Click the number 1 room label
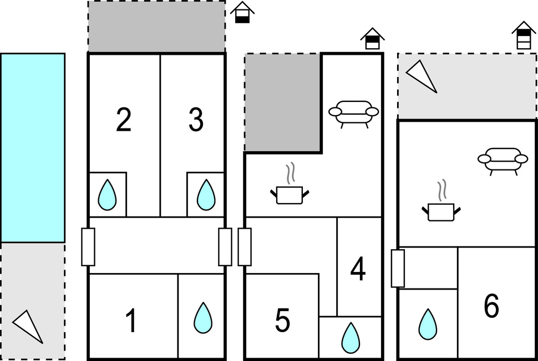131,321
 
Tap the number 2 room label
124,120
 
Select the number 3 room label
196,120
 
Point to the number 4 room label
358,270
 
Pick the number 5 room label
282,321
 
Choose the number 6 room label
491,306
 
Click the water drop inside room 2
107,194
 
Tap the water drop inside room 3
206,194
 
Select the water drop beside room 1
203,318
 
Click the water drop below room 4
351,338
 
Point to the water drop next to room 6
428,324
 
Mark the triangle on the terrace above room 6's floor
422,76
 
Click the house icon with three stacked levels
524,35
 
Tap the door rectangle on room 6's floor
398,268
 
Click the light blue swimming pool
33,148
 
